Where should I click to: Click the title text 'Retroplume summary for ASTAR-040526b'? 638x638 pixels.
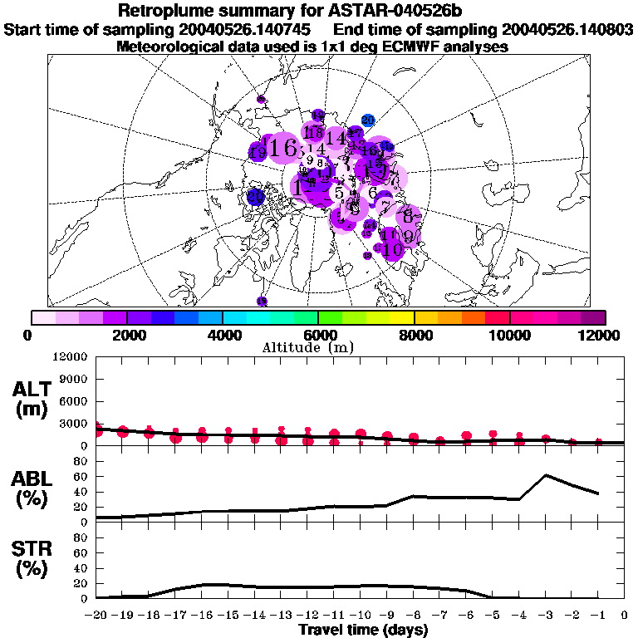pos(318,11)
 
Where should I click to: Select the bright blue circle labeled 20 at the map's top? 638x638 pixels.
pos(369,120)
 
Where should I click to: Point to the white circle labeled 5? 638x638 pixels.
pos(339,194)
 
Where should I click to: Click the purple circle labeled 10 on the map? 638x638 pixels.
pos(394,248)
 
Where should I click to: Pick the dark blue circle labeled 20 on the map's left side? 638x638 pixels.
pos(256,197)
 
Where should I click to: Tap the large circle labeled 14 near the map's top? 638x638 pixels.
pos(337,138)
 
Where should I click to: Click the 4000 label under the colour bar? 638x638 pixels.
pos(223,335)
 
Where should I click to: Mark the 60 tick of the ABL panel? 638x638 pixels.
pos(81,476)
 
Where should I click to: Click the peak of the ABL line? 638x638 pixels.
pos(545,475)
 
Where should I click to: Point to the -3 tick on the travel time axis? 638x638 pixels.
pos(545,616)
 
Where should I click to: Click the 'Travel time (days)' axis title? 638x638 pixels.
pos(363,630)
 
